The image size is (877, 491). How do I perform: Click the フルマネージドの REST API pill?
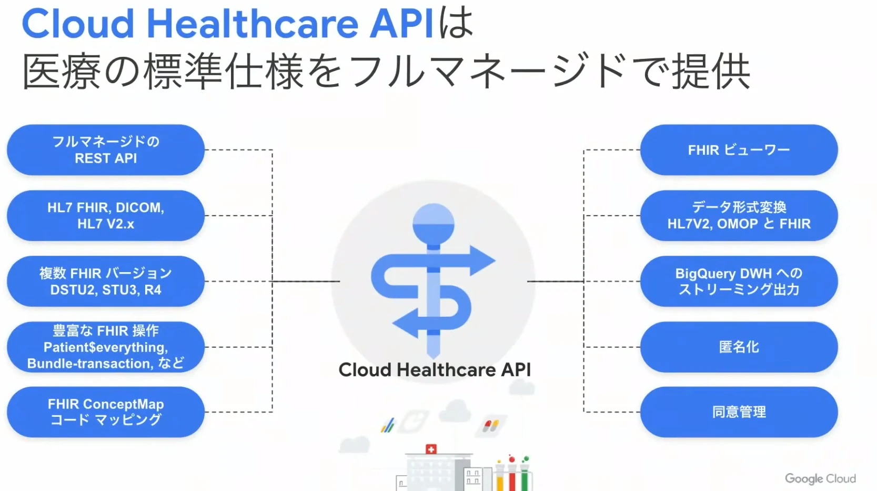106,150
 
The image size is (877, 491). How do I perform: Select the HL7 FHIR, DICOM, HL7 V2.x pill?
106,216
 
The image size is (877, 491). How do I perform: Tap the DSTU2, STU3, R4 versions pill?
106,282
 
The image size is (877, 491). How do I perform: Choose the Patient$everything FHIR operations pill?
106,347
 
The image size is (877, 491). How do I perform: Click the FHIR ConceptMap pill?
106,412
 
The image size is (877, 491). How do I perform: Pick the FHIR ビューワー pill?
739,150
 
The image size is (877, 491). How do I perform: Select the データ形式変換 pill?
739,216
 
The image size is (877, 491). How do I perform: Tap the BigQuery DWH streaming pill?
739,282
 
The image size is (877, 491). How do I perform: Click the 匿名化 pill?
739,347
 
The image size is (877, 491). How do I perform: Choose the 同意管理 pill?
739,412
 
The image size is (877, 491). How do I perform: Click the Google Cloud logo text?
820,479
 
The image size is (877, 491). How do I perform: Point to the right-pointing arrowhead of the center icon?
481,260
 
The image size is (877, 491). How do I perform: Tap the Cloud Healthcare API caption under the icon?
435,370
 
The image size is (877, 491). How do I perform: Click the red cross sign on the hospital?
431,449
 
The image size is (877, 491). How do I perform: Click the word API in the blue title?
401,24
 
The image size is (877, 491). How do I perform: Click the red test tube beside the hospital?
512,473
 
